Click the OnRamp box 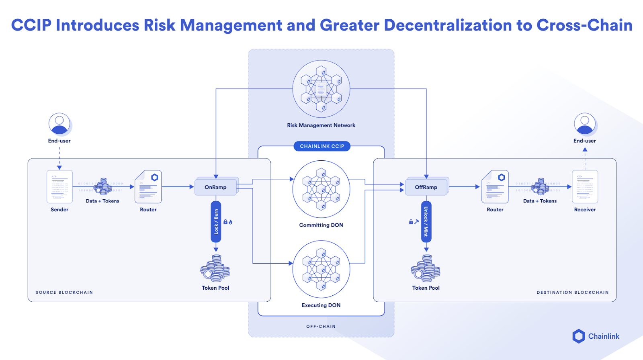point(216,187)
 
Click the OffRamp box point(426,187)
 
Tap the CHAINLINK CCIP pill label point(322,146)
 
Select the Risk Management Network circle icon point(321,89)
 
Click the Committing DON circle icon point(321,189)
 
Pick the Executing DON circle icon point(321,269)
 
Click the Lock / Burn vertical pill point(216,222)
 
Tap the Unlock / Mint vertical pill point(426,222)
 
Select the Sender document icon point(59,187)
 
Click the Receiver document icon point(585,187)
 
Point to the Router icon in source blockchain point(148,187)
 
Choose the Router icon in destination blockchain point(495,187)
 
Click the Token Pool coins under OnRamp point(215,268)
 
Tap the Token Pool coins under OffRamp point(426,268)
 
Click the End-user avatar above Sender point(59,124)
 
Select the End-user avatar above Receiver point(585,124)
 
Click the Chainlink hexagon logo point(579,336)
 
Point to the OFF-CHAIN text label point(321,327)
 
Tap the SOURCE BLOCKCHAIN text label point(64,292)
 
